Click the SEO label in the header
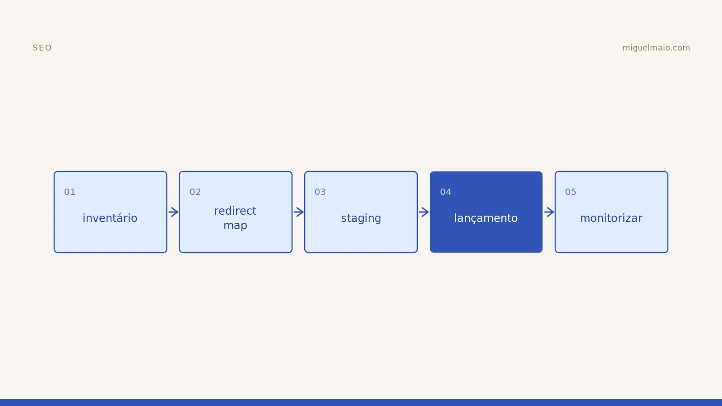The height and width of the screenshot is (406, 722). [x=42, y=48]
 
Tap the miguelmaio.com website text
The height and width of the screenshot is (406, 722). [x=656, y=48]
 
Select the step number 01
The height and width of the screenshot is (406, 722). [x=69, y=192]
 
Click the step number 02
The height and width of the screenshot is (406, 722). [x=195, y=192]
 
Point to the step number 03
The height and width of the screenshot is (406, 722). [x=320, y=192]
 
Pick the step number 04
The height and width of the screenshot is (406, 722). [x=445, y=192]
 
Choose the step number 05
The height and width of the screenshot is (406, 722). [x=570, y=192]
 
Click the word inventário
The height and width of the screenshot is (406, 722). [x=110, y=218]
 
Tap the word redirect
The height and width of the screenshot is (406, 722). [x=235, y=211]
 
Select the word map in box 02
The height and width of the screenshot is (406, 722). [x=235, y=226]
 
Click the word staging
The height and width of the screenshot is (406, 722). [x=361, y=218]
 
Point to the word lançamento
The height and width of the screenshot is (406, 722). [x=486, y=218]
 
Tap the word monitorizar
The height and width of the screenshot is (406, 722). [x=611, y=218]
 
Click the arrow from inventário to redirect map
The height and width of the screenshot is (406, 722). [x=173, y=212]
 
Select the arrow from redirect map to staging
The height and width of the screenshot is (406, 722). [x=299, y=212]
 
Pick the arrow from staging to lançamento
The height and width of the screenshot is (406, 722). [x=424, y=212]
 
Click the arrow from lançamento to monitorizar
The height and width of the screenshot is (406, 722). [x=549, y=212]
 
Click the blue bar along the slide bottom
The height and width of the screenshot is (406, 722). [x=361, y=402]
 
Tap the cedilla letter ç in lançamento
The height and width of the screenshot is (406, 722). [x=475, y=219]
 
